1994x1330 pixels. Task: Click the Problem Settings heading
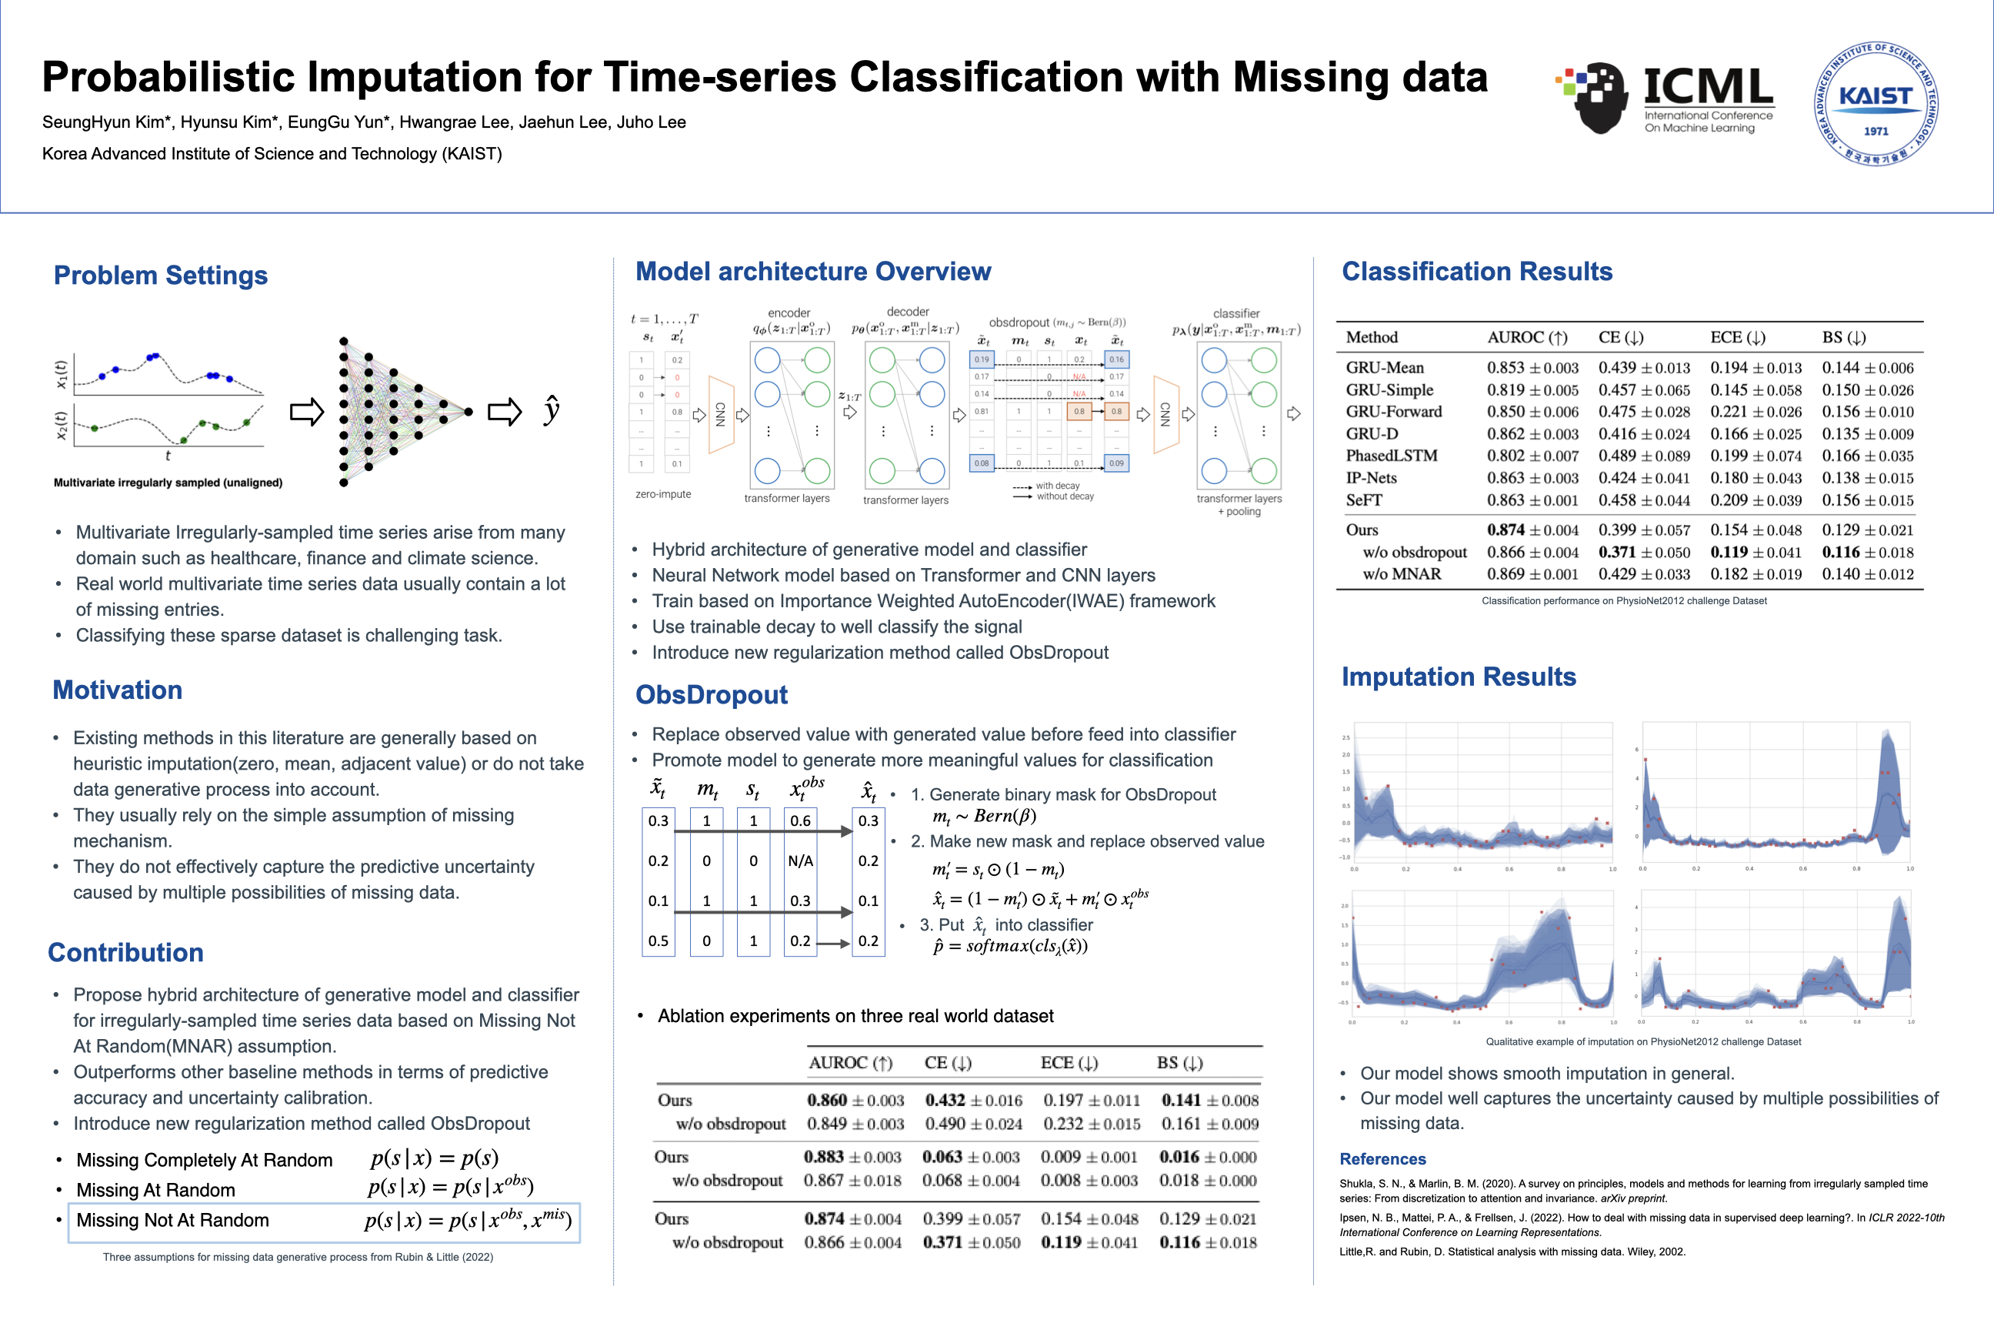(x=160, y=276)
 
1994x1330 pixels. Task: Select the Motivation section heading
(x=117, y=690)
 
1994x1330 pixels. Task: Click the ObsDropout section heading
(x=712, y=695)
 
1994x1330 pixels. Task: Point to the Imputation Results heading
(x=1459, y=677)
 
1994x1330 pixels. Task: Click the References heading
(x=1382, y=1158)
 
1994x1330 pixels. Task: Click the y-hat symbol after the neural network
(x=552, y=410)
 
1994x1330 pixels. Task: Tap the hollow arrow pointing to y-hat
(x=505, y=413)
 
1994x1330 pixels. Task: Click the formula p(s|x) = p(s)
(x=434, y=1158)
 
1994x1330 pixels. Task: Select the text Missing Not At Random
(x=173, y=1221)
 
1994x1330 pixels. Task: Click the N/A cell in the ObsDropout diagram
(x=799, y=861)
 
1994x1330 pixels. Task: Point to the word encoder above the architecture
(x=789, y=313)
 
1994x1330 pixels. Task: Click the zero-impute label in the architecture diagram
(x=663, y=494)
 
